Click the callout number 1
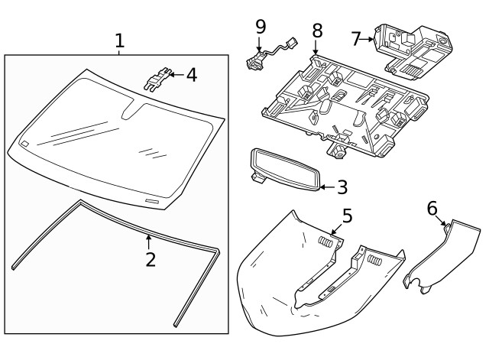point(119,40)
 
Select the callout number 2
point(151,259)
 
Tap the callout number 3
point(342,186)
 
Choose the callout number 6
point(432,208)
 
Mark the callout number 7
point(356,37)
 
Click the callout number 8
point(317,31)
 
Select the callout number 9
point(261,27)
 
